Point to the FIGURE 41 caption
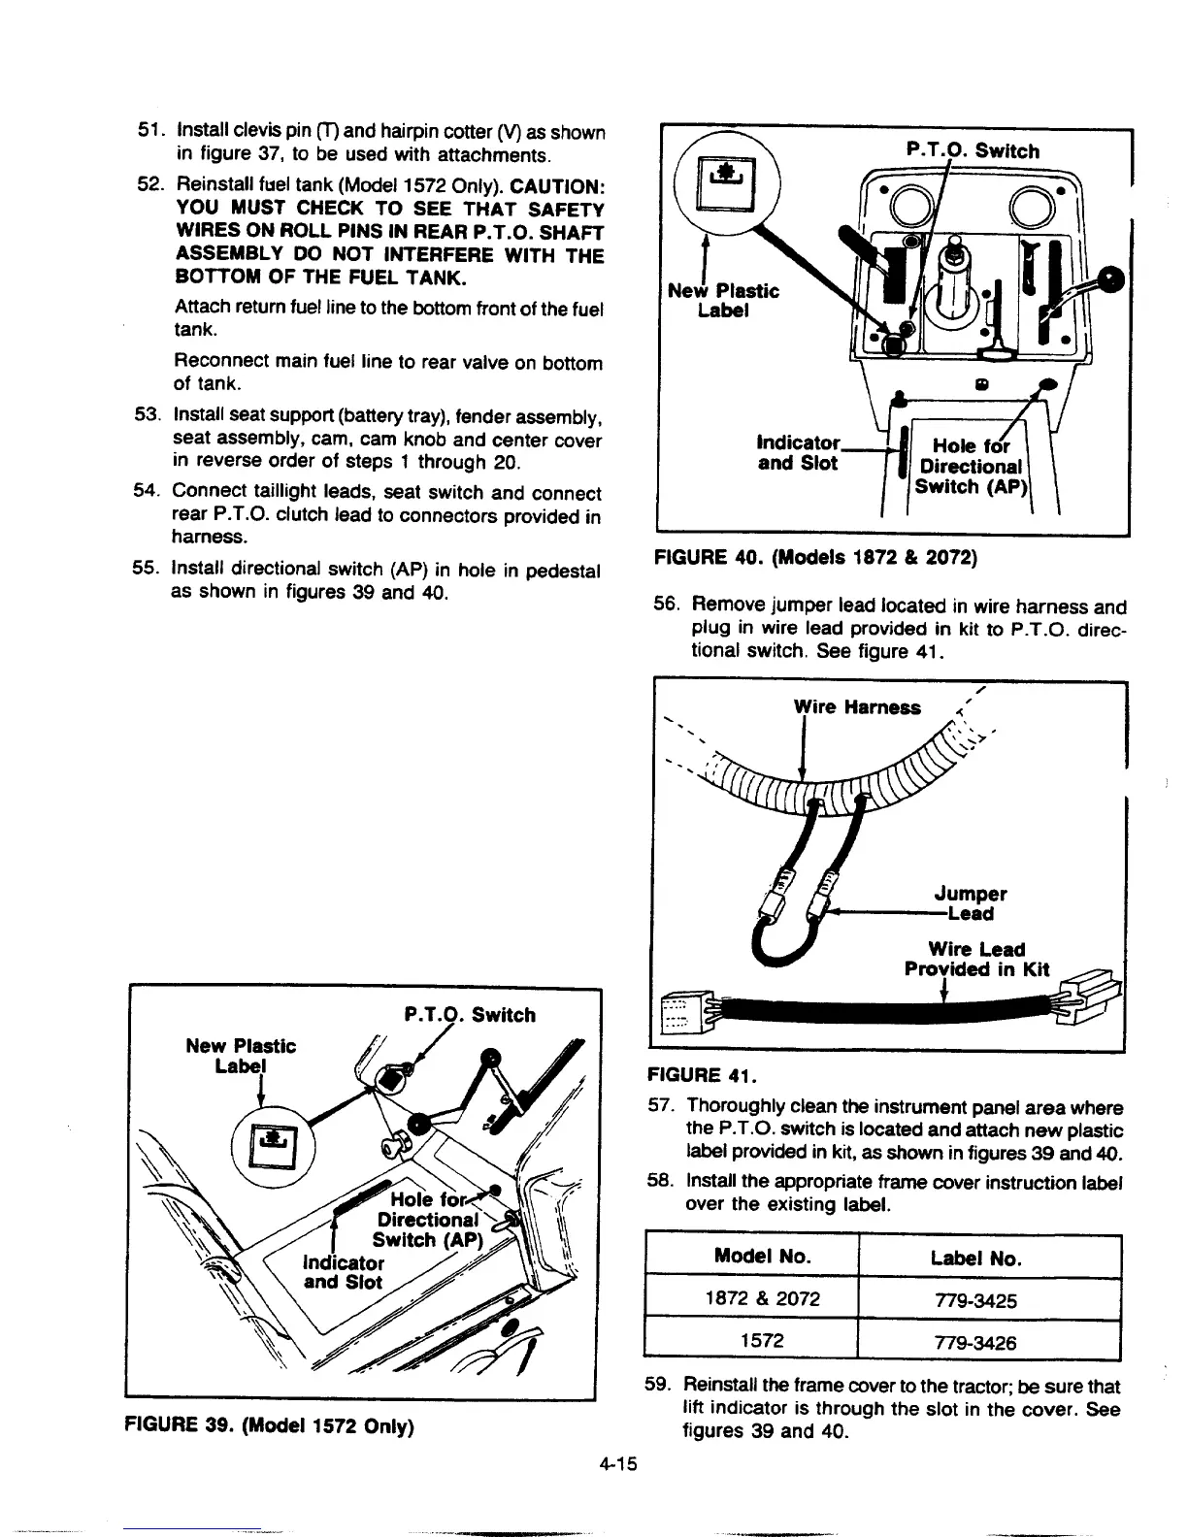pyautogui.click(x=706, y=1075)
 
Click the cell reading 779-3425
pyautogui.click(x=988, y=1299)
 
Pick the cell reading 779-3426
pyautogui.click(x=988, y=1342)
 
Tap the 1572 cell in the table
pyautogui.click(x=761, y=1341)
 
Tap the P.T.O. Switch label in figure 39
pyautogui.click(x=468, y=1015)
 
